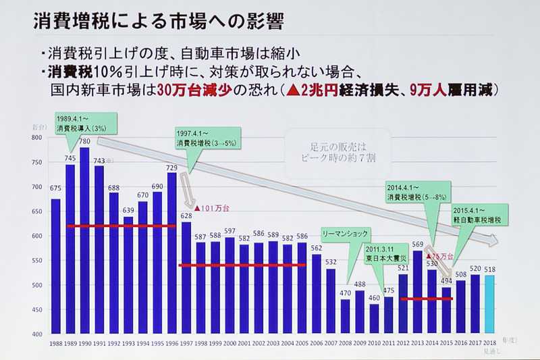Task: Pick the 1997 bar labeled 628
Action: tap(187, 277)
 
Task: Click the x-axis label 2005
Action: tap(303, 343)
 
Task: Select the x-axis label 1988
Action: tap(55, 343)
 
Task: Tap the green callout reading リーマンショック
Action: tap(345, 233)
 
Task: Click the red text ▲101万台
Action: tap(211, 207)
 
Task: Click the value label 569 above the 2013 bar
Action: tap(418, 245)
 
